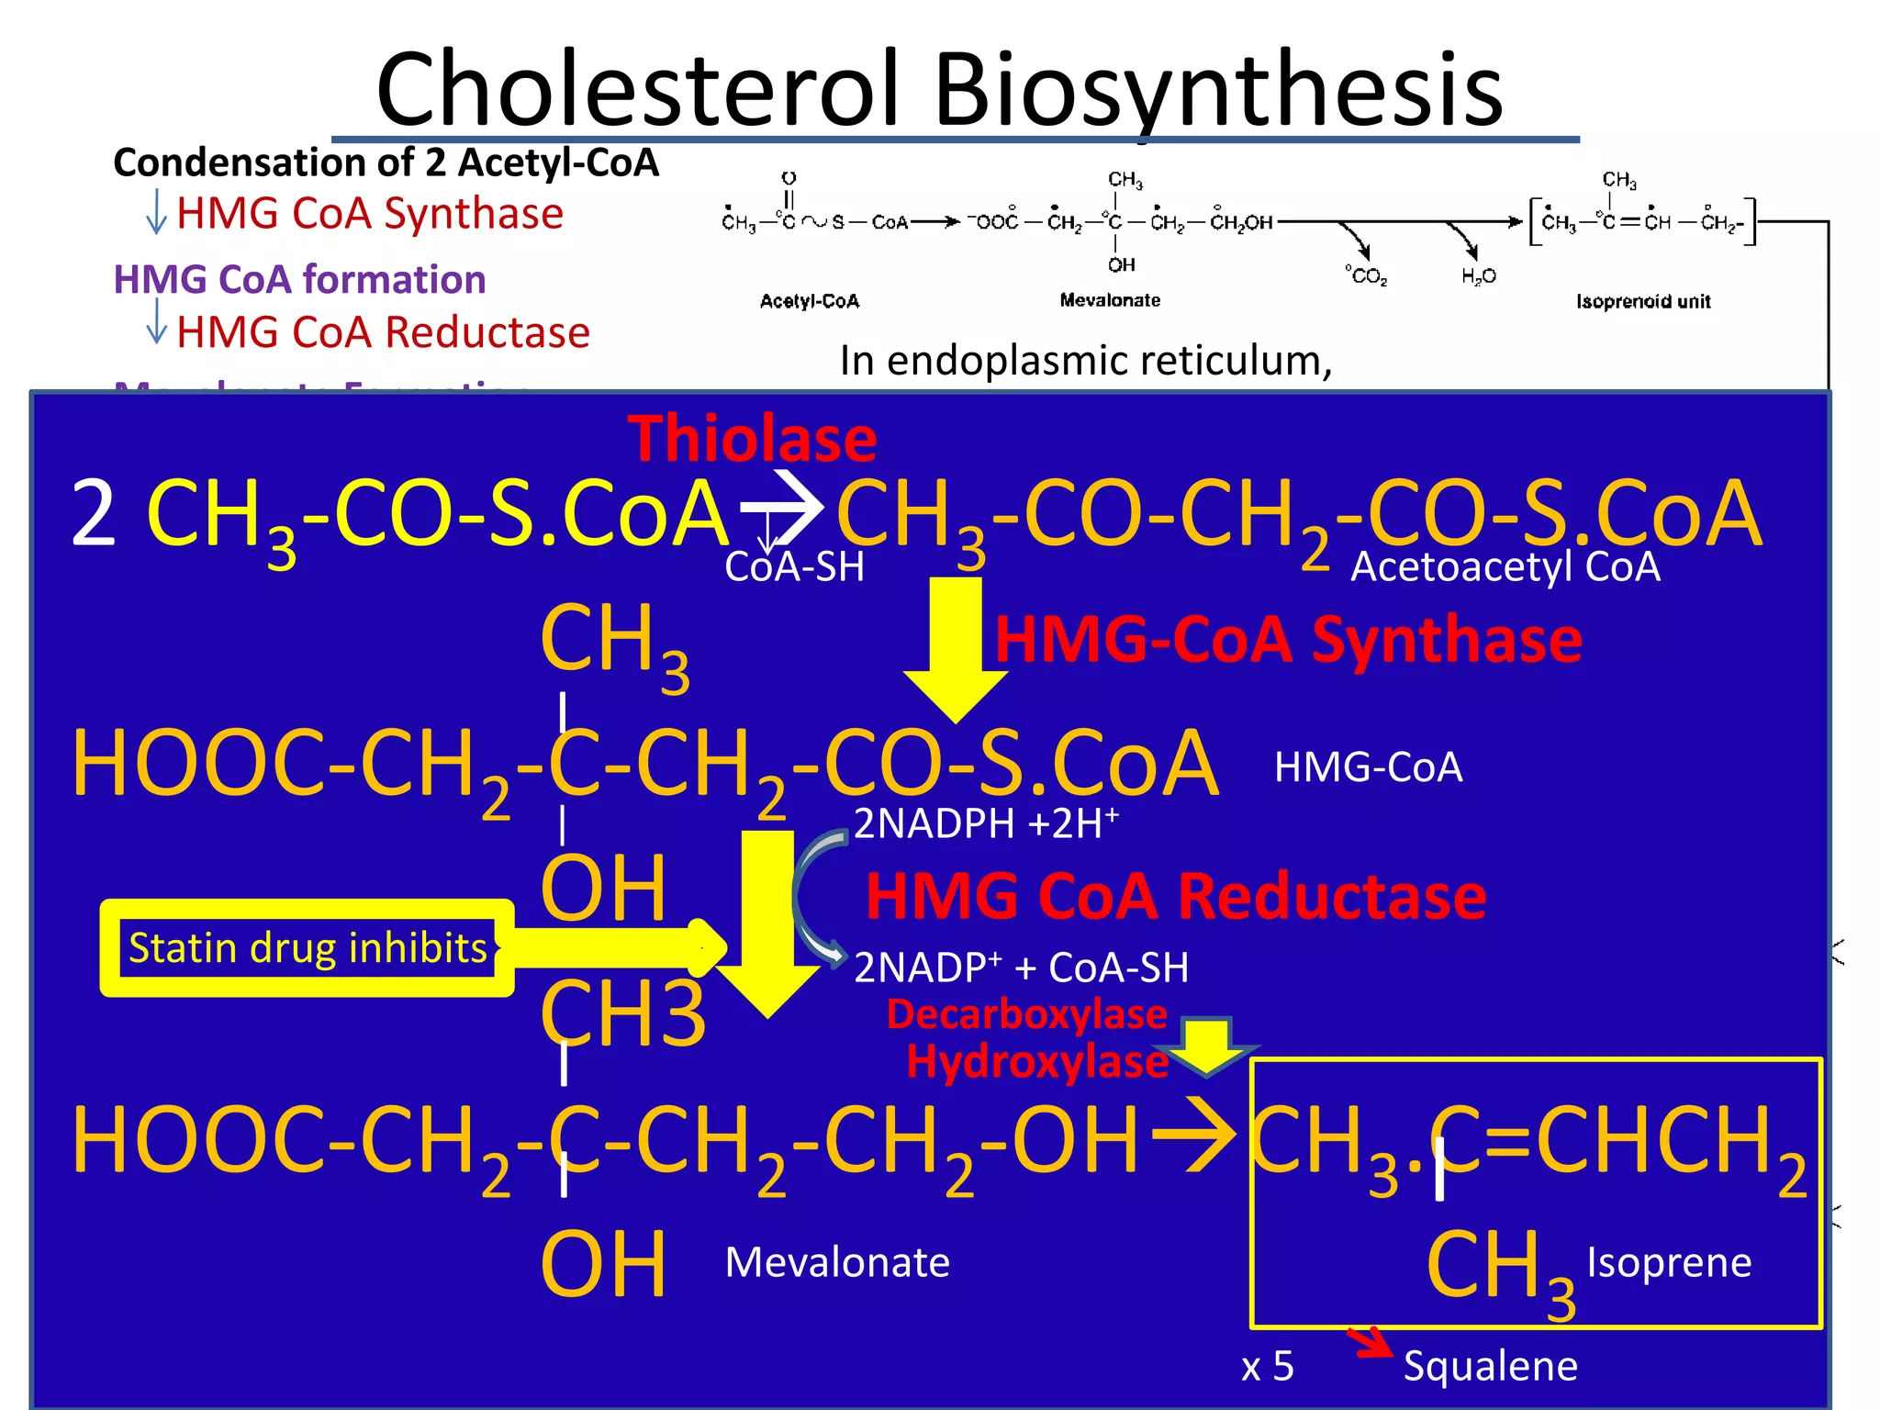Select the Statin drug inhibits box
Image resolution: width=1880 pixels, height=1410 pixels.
[x=307, y=948]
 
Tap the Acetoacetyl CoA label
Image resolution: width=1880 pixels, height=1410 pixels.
[x=1505, y=566]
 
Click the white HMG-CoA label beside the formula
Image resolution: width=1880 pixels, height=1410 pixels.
[x=1368, y=767]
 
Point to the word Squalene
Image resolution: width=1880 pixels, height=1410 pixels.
[x=1490, y=1366]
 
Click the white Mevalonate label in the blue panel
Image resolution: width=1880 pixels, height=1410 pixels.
[x=837, y=1262]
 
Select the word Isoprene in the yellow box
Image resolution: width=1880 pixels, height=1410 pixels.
[x=1669, y=1262]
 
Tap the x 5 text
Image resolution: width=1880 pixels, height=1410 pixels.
[x=1268, y=1367]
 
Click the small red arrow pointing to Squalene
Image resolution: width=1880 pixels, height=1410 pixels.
[x=1370, y=1342]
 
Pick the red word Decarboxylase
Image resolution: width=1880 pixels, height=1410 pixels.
[x=1026, y=1014]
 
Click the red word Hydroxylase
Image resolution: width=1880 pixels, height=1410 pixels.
[x=1037, y=1062]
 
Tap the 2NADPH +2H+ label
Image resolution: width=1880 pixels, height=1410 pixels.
[x=986, y=822]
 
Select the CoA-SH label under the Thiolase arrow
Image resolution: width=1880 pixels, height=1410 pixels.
[x=794, y=566]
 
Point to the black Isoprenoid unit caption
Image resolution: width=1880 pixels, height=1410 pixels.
[x=1643, y=301]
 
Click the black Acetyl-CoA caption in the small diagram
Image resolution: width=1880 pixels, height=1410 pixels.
[x=810, y=301]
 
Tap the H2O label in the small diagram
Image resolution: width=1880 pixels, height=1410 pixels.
[x=1479, y=275]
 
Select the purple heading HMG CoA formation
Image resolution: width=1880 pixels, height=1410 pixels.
[x=299, y=279]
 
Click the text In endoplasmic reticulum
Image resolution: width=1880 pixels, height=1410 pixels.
[x=1085, y=361]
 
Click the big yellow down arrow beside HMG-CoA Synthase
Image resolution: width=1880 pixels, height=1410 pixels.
[x=956, y=647]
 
